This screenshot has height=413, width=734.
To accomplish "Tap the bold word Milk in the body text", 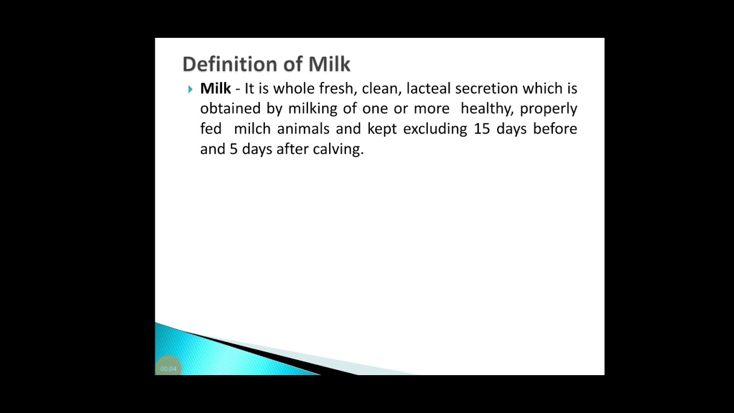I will (x=215, y=88).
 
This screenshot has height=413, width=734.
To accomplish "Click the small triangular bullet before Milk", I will (x=190, y=89).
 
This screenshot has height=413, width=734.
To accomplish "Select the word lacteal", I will (x=428, y=88).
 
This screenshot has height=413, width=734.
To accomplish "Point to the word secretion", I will (x=486, y=88).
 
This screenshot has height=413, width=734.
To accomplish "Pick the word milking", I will (x=313, y=108).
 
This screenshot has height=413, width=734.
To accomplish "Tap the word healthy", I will (x=486, y=108).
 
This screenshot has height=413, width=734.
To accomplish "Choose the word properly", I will (x=548, y=109).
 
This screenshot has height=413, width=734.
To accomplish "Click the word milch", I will (x=252, y=128).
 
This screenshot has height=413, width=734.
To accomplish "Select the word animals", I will (x=303, y=128).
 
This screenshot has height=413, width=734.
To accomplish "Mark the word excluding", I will (x=435, y=128).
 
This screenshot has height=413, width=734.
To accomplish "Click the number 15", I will (x=482, y=128).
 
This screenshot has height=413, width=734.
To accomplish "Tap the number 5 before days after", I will (x=233, y=149).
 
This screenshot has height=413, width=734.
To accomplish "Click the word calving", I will (x=338, y=149).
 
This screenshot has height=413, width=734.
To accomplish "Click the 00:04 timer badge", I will (x=169, y=369).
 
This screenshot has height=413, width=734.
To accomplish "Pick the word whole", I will (x=293, y=88).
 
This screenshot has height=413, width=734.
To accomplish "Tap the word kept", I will (x=382, y=129).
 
